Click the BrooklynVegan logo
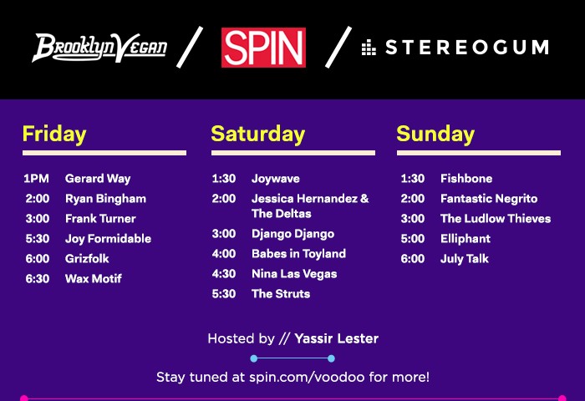pyautogui.click(x=99, y=48)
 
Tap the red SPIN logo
pyautogui.click(x=263, y=48)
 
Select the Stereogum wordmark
pyautogui.click(x=455, y=48)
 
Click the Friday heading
pyautogui.click(x=54, y=135)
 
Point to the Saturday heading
pyautogui.click(x=257, y=135)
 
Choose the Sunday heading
pyautogui.click(x=435, y=135)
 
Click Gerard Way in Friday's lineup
pyautogui.click(x=98, y=179)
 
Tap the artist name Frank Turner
pyautogui.click(x=100, y=219)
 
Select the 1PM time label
pyautogui.click(x=36, y=179)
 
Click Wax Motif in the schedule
pyautogui.click(x=94, y=279)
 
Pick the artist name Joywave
pyautogui.click(x=276, y=179)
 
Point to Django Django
pyautogui.click(x=292, y=234)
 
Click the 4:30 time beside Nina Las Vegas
pyautogui.click(x=224, y=274)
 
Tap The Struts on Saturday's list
pyautogui.click(x=281, y=294)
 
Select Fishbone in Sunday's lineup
pyautogui.click(x=466, y=179)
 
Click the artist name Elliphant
pyautogui.click(x=465, y=239)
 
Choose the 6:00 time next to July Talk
pyautogui.click(x=413, y=259)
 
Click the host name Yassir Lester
pyautogui.click(x=337, y=338)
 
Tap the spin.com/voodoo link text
pyautogui.click(x=307, y=377)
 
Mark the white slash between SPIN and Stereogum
pyautogui.click(x=338, y=47)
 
